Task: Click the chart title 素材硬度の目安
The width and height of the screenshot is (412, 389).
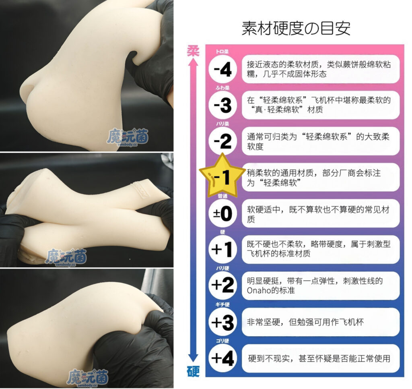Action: [296, 29]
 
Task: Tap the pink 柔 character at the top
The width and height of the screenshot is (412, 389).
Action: [194, 50]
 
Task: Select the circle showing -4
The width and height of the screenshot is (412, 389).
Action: [223, 70]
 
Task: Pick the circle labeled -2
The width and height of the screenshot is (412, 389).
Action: [223, 141]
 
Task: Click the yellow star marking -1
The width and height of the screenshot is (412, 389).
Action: [222, 176]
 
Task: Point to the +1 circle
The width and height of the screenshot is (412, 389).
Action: [223, 249]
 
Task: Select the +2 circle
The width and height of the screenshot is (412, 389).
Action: [223, 285]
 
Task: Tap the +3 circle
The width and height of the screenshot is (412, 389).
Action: [223, 321]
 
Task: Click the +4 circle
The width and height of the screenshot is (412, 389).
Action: [223, 358]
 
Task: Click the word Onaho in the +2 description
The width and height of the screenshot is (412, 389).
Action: [258, 290]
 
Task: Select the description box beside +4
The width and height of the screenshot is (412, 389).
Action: [320, 358]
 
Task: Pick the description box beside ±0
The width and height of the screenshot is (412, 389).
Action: [320, 213]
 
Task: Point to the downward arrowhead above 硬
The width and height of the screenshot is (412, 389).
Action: [194, 358]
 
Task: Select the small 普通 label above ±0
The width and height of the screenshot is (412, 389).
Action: [222, 196]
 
